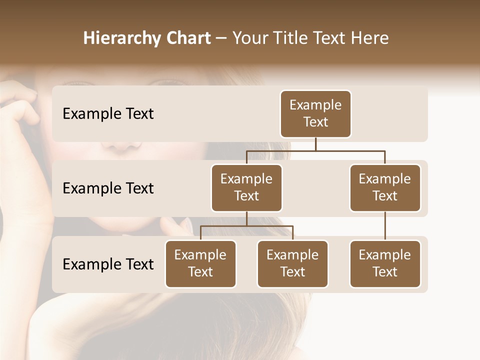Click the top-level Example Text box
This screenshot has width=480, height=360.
[315, 114]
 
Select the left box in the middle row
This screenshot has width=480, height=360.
[246, 188]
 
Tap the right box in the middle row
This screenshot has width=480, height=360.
[385, 188]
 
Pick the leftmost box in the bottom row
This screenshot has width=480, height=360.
[200, 264]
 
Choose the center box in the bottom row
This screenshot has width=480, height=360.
[292, 264]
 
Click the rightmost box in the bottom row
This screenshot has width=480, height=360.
[385, 264]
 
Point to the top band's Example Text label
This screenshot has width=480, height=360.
[108, 114]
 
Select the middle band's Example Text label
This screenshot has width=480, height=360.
[108, 188]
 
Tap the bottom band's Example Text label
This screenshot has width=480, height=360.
[108, 264]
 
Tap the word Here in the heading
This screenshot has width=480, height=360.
[369, 38]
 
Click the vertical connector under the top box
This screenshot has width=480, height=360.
[315, 144]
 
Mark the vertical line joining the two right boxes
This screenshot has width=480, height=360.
[385, 226]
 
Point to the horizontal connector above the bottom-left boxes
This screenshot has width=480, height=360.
[246, 226]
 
